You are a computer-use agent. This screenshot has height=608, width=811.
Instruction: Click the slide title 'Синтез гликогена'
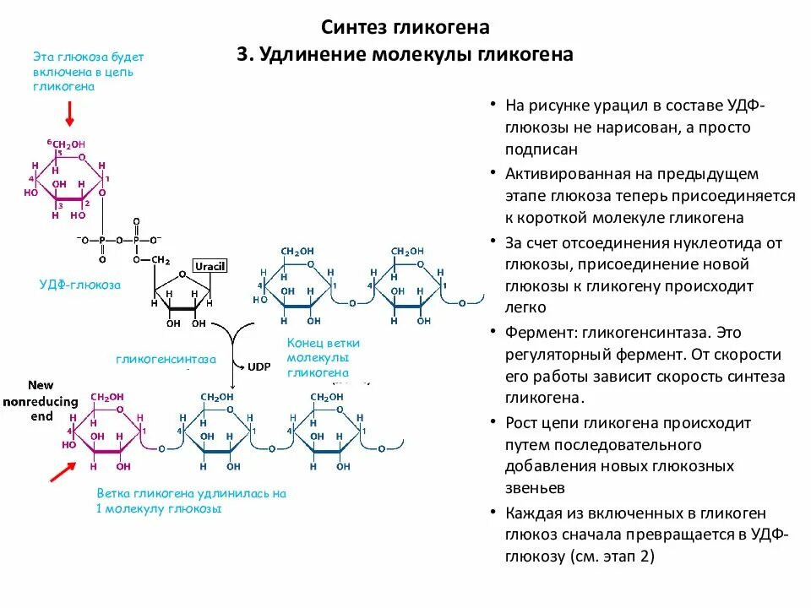coord(405,27)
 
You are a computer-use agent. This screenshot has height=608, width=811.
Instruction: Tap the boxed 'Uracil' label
coord(210,267)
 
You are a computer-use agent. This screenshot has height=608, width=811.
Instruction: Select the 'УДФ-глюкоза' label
coord(80,285)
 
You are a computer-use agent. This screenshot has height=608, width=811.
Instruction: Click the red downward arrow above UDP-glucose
coord(70,111)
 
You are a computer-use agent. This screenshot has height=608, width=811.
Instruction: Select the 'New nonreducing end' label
coord(41,400)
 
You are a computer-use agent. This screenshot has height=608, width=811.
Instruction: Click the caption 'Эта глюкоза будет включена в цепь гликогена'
coord(89,72)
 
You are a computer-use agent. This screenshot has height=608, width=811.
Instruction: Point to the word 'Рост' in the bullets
coord(522,422)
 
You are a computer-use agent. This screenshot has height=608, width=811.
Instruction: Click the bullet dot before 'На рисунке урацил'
coord(493,106)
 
